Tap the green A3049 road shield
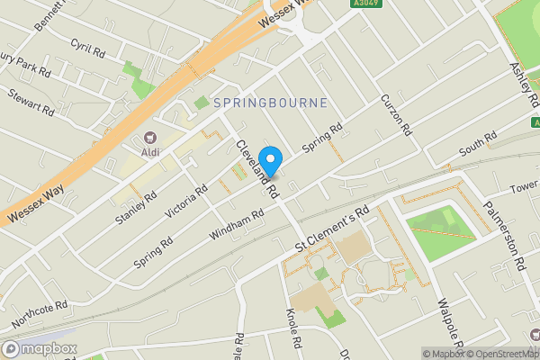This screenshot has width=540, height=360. [364, 4]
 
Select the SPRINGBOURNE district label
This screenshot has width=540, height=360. [269, 103]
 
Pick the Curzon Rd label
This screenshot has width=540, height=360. [396, 115]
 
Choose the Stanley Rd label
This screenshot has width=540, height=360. [136, 208]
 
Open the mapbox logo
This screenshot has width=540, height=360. [40, 348]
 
